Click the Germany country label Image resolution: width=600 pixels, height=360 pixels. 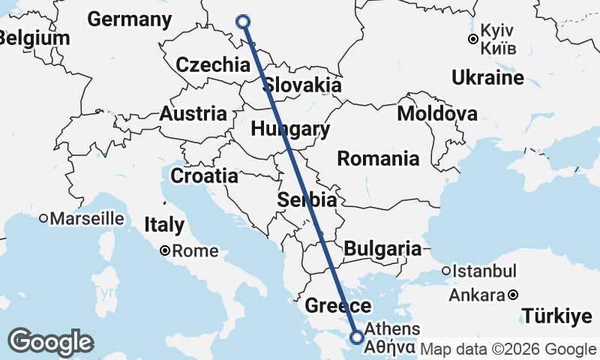coord(135,19)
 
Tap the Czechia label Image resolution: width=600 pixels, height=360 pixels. coord(213,64)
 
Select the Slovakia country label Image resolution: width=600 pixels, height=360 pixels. coord(302,84)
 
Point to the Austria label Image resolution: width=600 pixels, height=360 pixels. coord(193,114)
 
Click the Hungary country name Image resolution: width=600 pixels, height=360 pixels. coord(290,129)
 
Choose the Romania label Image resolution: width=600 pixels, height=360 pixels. coord(378,158)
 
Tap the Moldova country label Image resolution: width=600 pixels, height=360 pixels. coord(437,114)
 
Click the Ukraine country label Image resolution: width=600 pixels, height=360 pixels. coord(487,78)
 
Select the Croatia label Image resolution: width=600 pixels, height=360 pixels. coord(205,176)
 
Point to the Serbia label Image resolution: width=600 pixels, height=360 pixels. coord(307,200)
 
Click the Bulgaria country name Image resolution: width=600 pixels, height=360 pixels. coord(383,248)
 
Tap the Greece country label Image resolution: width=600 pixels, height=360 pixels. coord(337,305)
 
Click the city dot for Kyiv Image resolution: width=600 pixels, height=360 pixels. coord(473,39)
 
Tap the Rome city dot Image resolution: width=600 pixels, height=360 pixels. coord(165,251)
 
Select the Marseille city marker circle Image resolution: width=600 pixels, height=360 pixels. coord(44,219)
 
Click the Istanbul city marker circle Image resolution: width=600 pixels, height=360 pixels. coord(445,271)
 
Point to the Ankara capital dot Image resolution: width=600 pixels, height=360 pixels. coord(512,295)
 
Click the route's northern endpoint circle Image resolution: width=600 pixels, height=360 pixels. coord(243,21)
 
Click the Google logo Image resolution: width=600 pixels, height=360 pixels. coord(51,342)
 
